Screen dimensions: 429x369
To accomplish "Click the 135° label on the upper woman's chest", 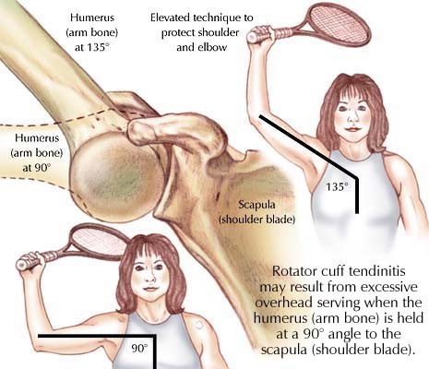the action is [x=337, y=186].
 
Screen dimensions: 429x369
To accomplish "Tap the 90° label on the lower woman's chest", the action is [x=139, y=349].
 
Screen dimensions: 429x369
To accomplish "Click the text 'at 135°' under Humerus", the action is [x=91, y=48].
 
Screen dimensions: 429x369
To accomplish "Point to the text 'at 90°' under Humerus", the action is [x=36, y=168].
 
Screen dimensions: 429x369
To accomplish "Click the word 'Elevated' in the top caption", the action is [x=170, y=18].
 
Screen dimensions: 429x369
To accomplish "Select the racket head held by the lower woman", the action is [x=99, y=239].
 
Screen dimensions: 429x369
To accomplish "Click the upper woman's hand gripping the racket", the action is [x=260, y=34].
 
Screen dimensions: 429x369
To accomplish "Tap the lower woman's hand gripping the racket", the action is [x=30, y=261].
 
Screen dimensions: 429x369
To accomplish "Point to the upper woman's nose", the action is [x=353, y=116].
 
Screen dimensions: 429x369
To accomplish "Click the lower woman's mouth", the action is [x=150, y=289].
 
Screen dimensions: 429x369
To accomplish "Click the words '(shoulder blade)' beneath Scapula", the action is [x=256, y=220].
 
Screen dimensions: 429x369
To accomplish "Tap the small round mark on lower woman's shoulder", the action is [x=198, y=325].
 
